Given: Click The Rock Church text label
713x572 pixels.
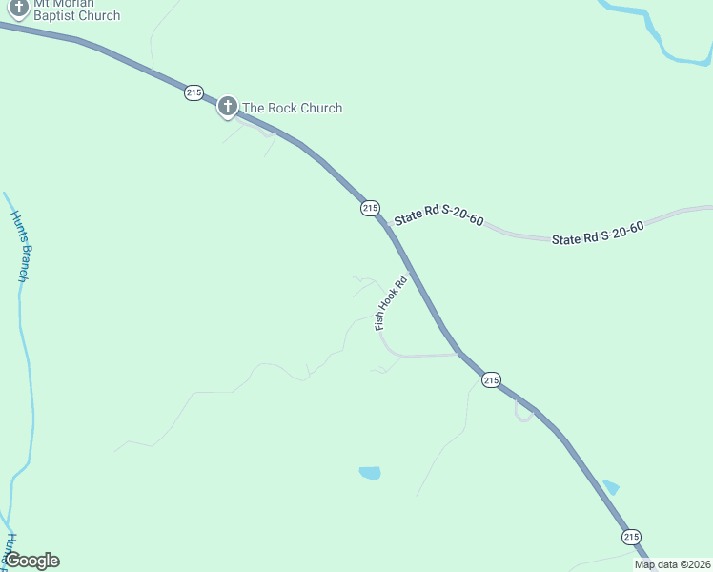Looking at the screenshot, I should [x=292, y=108].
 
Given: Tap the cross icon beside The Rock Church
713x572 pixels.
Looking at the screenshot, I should [x=227, y=106].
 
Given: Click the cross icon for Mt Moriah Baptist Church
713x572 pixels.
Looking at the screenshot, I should [x=17, y=6].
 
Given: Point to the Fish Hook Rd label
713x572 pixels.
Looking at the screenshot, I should [x=391, y=303].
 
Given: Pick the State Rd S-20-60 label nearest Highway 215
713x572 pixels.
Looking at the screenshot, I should [x=439, y=217].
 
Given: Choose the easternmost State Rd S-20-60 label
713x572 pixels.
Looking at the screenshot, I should [x=598, y=233].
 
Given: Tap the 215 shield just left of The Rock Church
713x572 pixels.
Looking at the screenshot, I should [x=194, y=92].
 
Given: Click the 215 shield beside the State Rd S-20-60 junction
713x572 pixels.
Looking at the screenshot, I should [x=370, y=208].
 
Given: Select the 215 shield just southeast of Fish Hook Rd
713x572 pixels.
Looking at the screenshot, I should [x=491, y=379].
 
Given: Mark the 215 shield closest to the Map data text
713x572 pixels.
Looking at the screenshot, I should [x=631, y=537].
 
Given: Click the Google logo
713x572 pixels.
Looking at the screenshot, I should [x=31, y=561].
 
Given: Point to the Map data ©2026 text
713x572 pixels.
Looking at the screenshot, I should [x=672, y=564].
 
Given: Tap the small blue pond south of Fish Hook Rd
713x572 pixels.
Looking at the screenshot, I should [x=370, y=473].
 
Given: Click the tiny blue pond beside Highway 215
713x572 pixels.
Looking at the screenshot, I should [x=611, y=487].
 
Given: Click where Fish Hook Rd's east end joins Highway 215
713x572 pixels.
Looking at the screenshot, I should [x=458, y=354].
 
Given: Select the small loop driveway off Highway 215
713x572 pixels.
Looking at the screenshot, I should [x=523, y=412].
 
